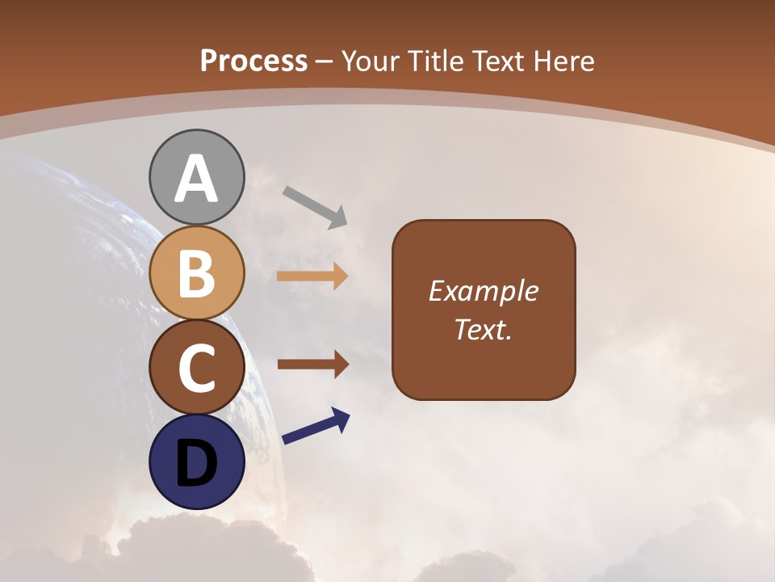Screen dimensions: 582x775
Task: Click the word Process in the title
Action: click(x=253, y=61)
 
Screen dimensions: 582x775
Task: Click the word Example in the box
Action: click(x=484, y=292)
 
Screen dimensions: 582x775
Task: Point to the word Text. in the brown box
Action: click(x=484, y=329)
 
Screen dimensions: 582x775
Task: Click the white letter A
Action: click(x=196, y=179)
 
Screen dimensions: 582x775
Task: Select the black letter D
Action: click(x=196, y=464)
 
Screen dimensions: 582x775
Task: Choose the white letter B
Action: click(x=196, y=273)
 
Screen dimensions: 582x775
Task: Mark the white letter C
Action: click(x=196, y=368)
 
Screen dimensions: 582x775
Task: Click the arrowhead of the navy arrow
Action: click(x=341, y=419)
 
